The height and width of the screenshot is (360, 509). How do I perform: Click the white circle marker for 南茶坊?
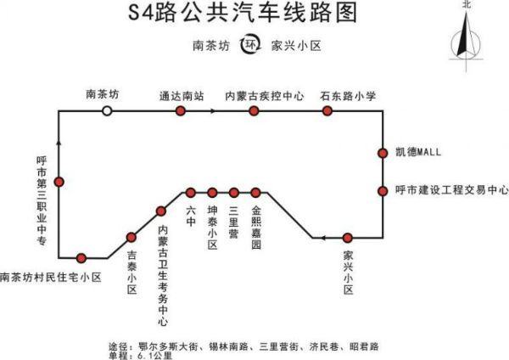tap(107, 111)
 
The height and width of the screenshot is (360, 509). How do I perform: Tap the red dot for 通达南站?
tap(181, 111)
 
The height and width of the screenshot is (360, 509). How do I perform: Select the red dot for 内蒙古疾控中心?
tap(254, 111)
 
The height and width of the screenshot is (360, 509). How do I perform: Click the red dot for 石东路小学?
tap(327, 111)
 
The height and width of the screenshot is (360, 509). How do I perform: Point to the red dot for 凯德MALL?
tap(383, 153)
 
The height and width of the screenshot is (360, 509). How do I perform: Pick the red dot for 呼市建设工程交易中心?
tap(383, 190)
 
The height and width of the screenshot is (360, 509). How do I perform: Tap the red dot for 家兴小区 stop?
tap(348, 238)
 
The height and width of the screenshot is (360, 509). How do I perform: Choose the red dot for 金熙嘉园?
tap(255, 192)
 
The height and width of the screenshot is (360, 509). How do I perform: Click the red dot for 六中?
tap(192, 192)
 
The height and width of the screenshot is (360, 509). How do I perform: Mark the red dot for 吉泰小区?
tap(131, 238)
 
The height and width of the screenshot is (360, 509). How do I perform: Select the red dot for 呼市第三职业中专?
tap(59, 182)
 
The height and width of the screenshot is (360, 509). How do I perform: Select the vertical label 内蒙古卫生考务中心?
tap(163, 274)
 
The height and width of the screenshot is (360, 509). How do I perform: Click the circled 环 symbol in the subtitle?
tap(249, 45)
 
